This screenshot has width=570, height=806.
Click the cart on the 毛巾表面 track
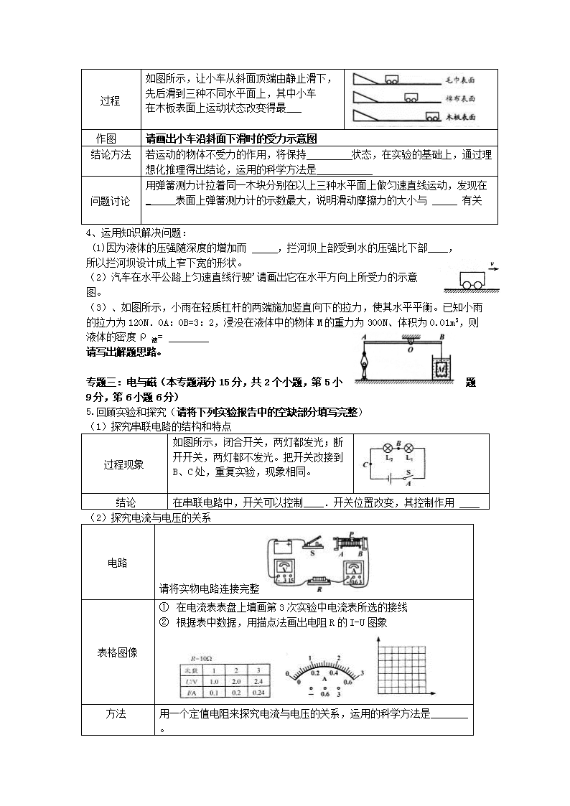[x=393, y=80]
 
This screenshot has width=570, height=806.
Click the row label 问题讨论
[x=110, y=201]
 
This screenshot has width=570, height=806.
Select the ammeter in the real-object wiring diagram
[x=355, y=572]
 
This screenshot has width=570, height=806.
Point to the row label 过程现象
[x=123, y=464]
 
